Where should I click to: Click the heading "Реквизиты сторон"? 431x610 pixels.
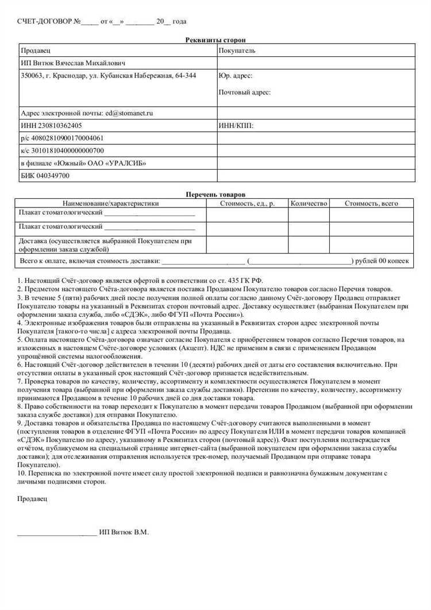(x=215, y=40)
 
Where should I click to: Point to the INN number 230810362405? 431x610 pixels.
(x=59, y=125)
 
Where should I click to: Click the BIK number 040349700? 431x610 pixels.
(x=53, y=175)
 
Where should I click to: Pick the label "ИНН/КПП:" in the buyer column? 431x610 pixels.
(x=236, y=125)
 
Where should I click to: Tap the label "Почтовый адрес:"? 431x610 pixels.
(x=244, y=92)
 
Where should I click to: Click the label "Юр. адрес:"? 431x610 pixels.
(x=235, y=75)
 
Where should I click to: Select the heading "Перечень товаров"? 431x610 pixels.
(x=215, y=195)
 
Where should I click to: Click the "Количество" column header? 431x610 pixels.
(x=309, y=203)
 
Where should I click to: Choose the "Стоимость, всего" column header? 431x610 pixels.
(x=371, y=203)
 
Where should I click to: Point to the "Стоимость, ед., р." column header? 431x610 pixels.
(x=247, y=203)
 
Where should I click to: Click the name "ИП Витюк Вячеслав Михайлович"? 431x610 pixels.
(x=73, y=63)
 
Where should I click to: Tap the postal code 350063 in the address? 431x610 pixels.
(x=31, y=75)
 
